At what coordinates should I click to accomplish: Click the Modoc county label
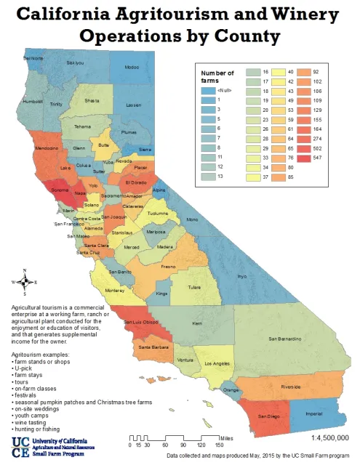[132, 67]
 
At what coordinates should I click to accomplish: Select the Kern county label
[197, 323]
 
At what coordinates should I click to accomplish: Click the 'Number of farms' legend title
[217, 77]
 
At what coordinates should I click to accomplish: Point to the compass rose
[25, 283]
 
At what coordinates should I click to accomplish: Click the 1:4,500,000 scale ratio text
[329, 438]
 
